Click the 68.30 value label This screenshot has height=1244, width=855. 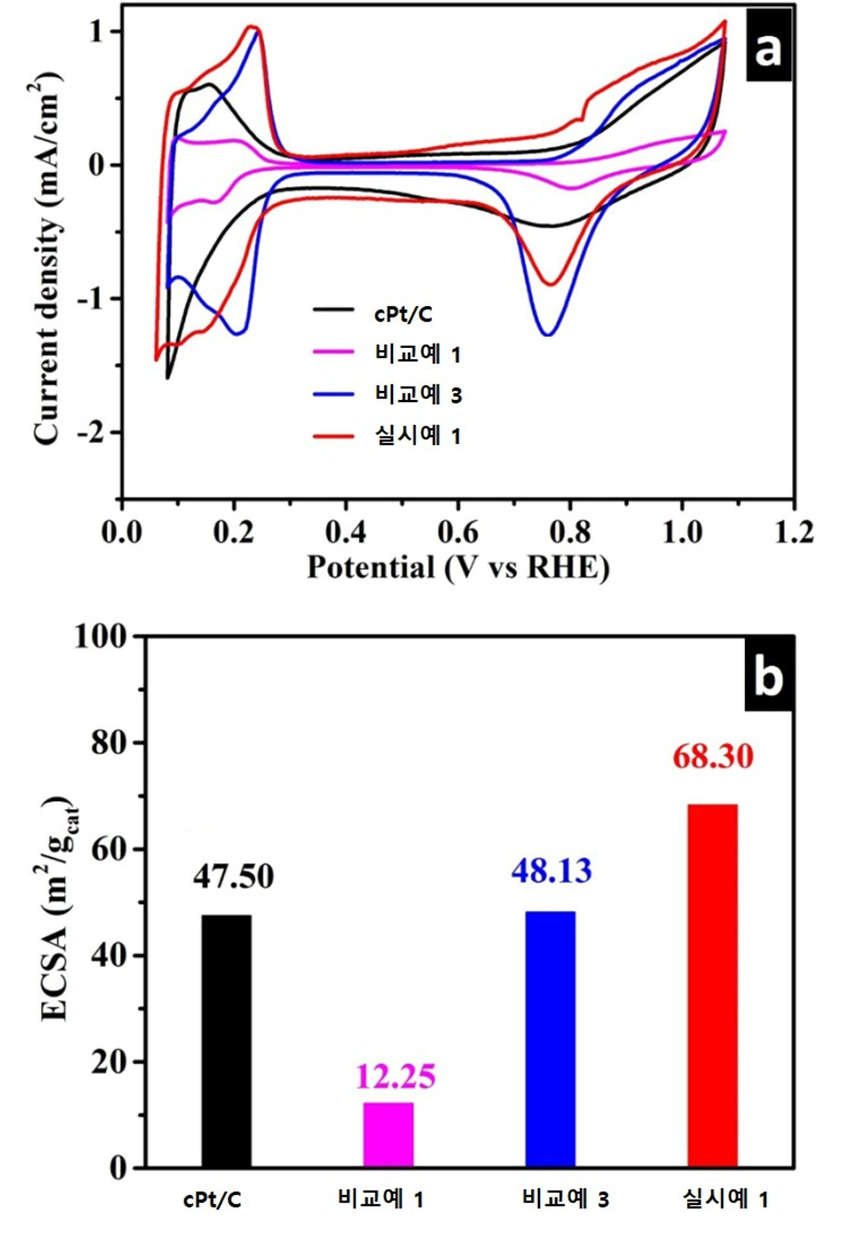pos(713,757)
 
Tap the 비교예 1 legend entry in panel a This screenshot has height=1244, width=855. pos(386,355)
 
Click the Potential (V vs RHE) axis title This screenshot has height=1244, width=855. pos(459,568)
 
